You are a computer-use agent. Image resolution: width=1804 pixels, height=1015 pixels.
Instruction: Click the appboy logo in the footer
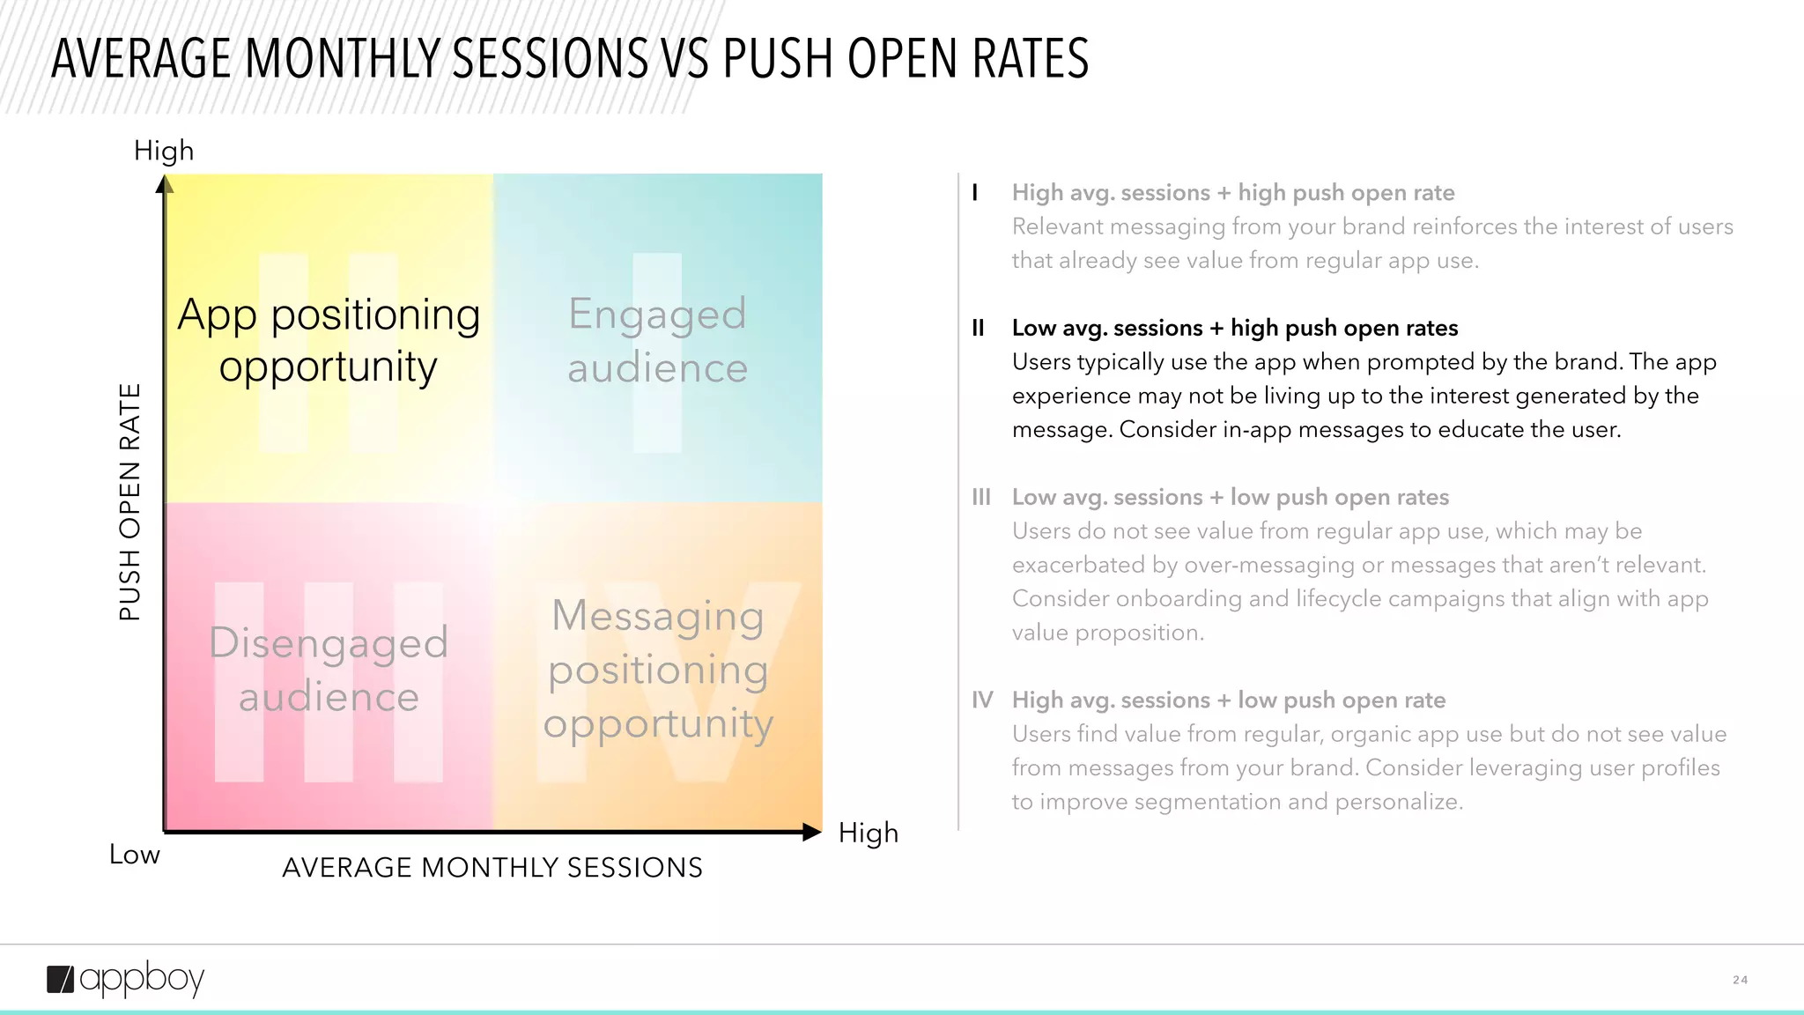coord(125,979)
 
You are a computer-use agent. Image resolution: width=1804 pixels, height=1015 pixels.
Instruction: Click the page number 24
coord(1740,980)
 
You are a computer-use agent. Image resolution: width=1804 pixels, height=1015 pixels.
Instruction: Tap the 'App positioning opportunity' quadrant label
coord(329,340)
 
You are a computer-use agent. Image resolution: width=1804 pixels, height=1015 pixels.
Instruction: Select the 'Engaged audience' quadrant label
coord(657,340)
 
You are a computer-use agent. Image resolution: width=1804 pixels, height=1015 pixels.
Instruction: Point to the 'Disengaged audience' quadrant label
coord(329,670)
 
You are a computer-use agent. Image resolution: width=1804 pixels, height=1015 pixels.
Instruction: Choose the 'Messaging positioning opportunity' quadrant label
coord(657,670)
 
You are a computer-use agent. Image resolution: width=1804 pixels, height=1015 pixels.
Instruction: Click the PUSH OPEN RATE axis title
coord(130,502)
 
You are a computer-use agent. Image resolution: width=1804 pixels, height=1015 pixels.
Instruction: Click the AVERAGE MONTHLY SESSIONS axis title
coord(492,868)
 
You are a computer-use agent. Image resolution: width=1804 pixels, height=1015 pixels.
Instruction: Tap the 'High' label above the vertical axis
coord(164,151)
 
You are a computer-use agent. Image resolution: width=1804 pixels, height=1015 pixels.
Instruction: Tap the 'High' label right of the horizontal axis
coord(868,833)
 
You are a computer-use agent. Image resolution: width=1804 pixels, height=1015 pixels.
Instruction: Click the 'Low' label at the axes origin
coord(135,855)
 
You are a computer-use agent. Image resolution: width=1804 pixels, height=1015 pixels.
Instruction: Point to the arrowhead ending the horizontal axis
coord(811,832)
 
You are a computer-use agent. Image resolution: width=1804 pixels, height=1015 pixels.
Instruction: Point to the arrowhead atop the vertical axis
coord(165,184)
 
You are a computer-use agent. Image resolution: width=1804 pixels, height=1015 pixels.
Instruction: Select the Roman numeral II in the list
coord(978,329)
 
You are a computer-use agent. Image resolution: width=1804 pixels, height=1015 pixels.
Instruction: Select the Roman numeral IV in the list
coord(982,700)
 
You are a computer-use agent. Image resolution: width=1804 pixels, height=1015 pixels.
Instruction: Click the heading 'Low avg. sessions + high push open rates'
coord(1234,329)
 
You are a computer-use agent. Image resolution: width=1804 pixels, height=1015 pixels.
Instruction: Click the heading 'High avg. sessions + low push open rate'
coord(1228,700)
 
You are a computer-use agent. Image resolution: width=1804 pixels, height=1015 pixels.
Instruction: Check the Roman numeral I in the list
coord(975,193)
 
